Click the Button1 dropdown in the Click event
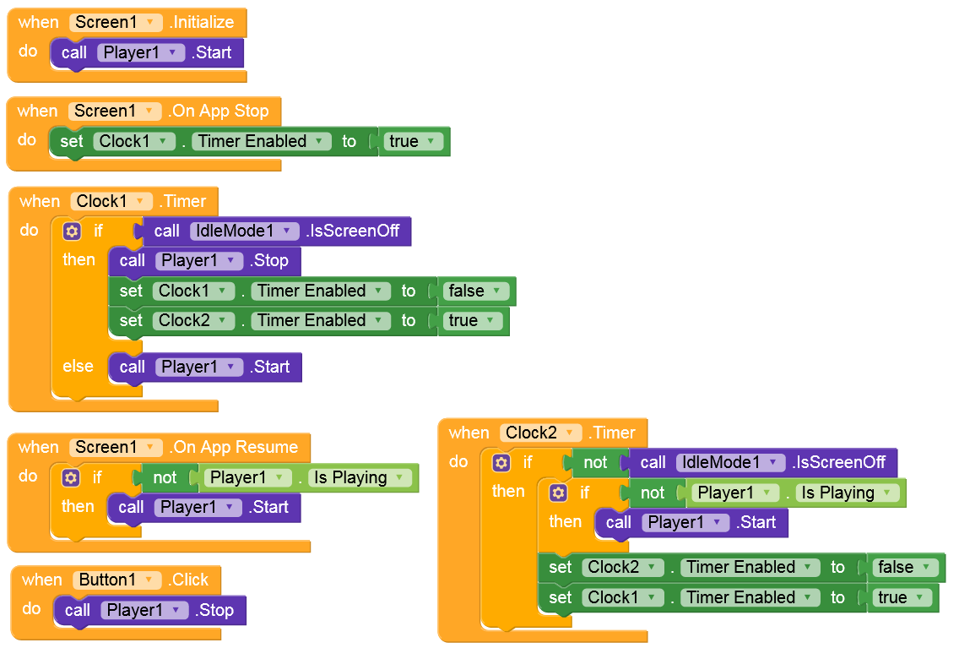116,580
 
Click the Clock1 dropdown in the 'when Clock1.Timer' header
111,201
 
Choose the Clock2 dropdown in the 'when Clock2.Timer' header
540,433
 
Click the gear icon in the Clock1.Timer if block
72,231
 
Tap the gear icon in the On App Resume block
71,477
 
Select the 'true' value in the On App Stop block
413,141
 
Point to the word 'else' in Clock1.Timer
79,366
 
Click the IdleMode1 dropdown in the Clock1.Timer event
245,231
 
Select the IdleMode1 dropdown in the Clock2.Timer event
731,462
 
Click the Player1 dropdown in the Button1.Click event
144,610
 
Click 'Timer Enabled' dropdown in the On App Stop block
262,141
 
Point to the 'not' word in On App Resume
165,477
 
